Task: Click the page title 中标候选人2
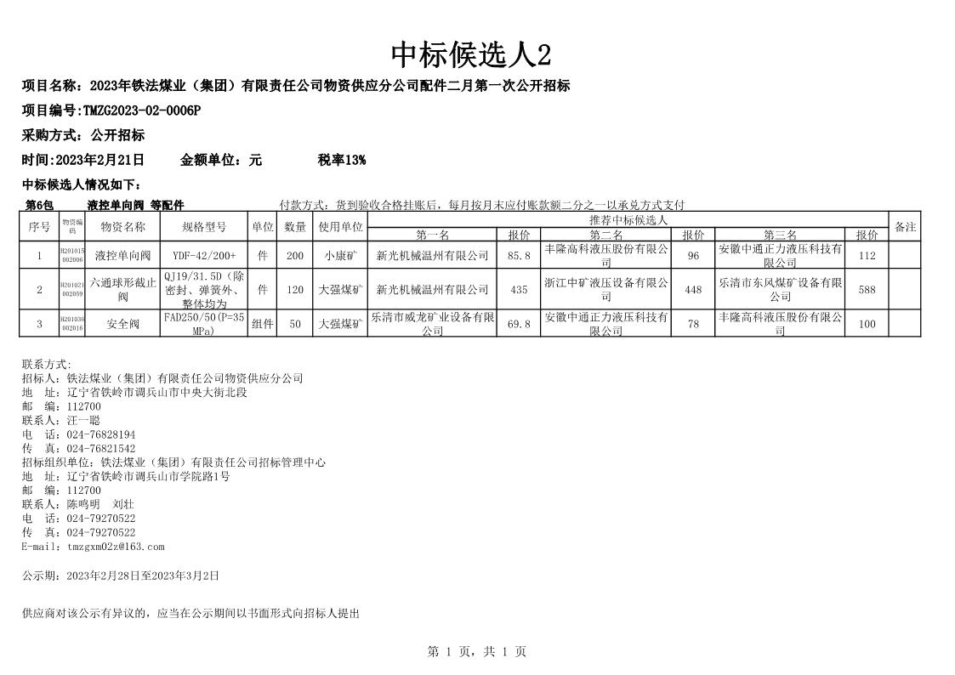coord(470,55)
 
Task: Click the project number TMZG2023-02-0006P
coord(141,111)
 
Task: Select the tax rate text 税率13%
coord(342,160)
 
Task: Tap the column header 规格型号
coord(204,227)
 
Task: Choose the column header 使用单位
coord(340,227)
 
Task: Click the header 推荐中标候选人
coord(628,219)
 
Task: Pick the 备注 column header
coord(905,227)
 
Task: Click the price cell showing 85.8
coord(518,255)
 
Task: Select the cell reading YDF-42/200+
coord(204,255)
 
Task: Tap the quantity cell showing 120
coord(294,290)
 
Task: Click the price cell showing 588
coord(867,290)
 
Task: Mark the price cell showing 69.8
coord(518,324)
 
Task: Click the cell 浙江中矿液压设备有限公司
coord(605,289)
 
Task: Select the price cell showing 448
coord(693,290)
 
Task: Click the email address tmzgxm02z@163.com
coord(116,547)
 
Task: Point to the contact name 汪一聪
coord(83,420)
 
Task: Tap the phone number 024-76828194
coord(100,434)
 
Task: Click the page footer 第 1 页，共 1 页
coord(476,652)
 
